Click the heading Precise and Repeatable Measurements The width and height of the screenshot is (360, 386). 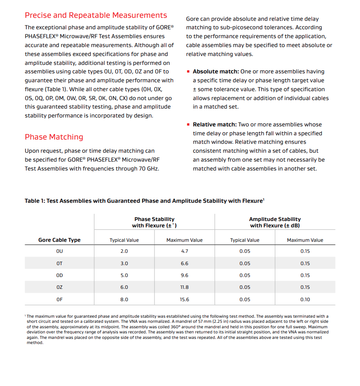(x=96, y=16)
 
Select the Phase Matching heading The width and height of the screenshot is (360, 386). (x=54, y=137)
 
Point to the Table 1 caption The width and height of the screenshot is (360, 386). (x=144, y=201)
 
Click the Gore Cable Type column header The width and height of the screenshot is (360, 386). (x=59, y=240)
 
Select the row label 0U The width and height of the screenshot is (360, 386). (x=59, y=251)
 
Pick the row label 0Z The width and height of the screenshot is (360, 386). (x=59, y=287)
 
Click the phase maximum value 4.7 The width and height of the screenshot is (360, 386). (x=185, y=251)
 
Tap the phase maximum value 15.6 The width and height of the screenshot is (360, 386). (x=185, y=299)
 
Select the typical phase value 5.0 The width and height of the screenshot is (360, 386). (x=124, y=275)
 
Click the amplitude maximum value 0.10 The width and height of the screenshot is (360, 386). (x=305, y=299)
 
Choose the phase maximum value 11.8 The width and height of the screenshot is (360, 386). (x=185, y=287)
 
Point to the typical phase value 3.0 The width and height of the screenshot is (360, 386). (x=124, y=263)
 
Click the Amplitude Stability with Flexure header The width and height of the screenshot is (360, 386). (x=275, y=222)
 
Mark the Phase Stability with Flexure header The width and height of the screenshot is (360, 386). (x=154, y=222)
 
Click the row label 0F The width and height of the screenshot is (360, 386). (x=59, y=299)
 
